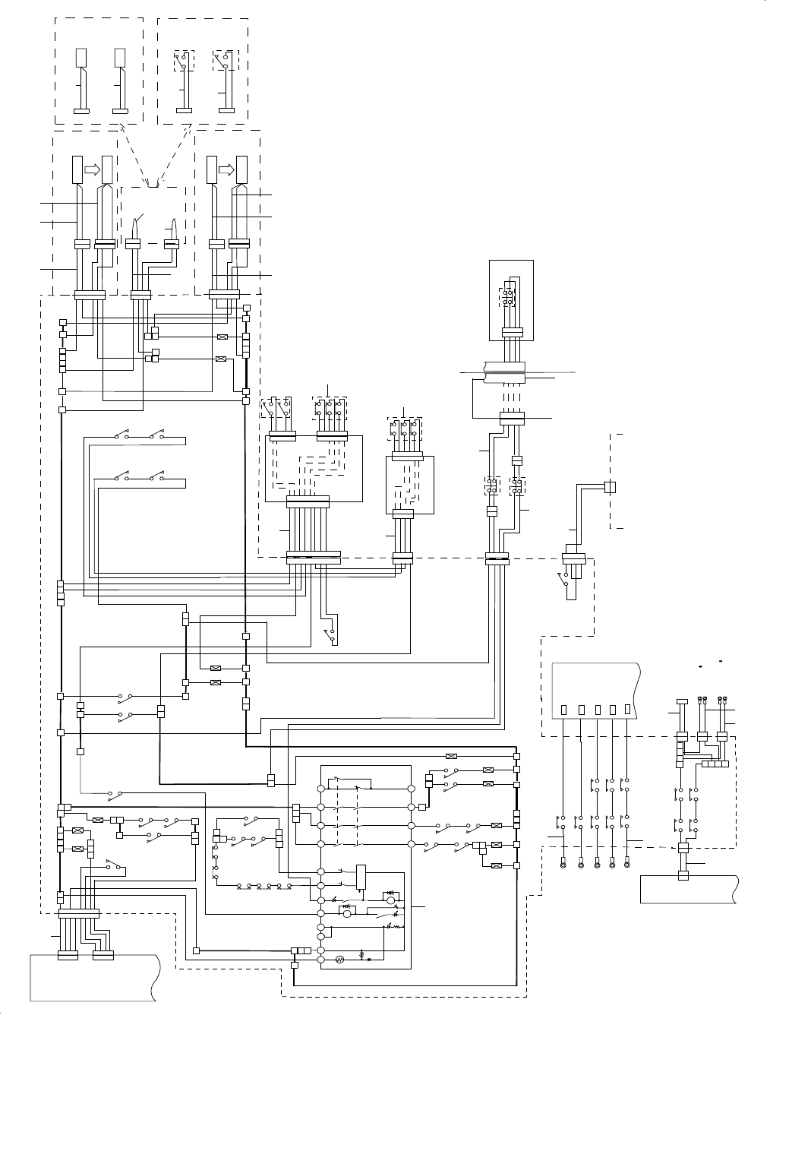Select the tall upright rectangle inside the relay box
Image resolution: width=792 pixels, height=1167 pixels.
click(x=361, y=876)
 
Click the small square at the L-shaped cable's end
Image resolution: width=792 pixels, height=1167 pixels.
click(x=609, y=486)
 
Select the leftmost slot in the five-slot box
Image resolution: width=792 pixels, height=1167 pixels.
click(x=563, y=710)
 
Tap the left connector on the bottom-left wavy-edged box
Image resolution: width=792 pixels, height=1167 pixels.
click(x=66, y=956)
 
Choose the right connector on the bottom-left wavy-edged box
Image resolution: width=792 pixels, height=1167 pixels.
click(x=103, y=956)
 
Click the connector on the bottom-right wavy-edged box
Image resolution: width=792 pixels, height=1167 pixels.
click(x=682, y=875)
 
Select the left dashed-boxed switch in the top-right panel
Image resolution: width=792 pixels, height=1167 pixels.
click(x=183, y=61)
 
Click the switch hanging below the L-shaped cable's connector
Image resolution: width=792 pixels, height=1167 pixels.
click(x=563, y=582)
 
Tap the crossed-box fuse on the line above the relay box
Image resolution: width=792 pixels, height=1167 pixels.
click(x=450, y=756)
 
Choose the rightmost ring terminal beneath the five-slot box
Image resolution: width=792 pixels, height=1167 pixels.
click(x=626, y=862)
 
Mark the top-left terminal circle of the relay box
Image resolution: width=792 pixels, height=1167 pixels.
click(x=320, y=790)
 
